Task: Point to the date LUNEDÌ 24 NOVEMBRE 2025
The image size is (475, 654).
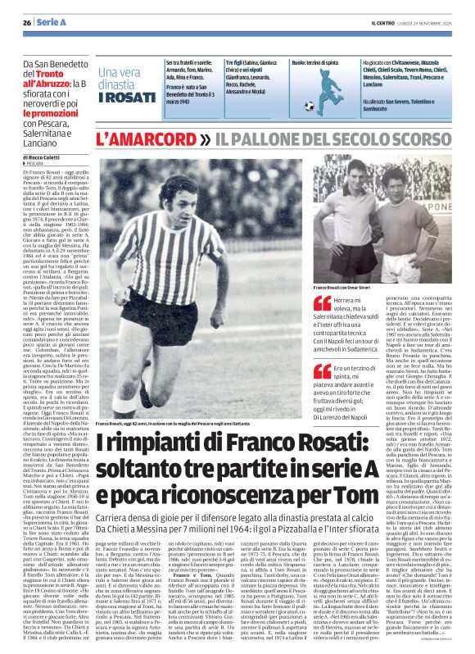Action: click(426, 22)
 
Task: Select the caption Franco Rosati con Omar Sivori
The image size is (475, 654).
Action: click(349, 288)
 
